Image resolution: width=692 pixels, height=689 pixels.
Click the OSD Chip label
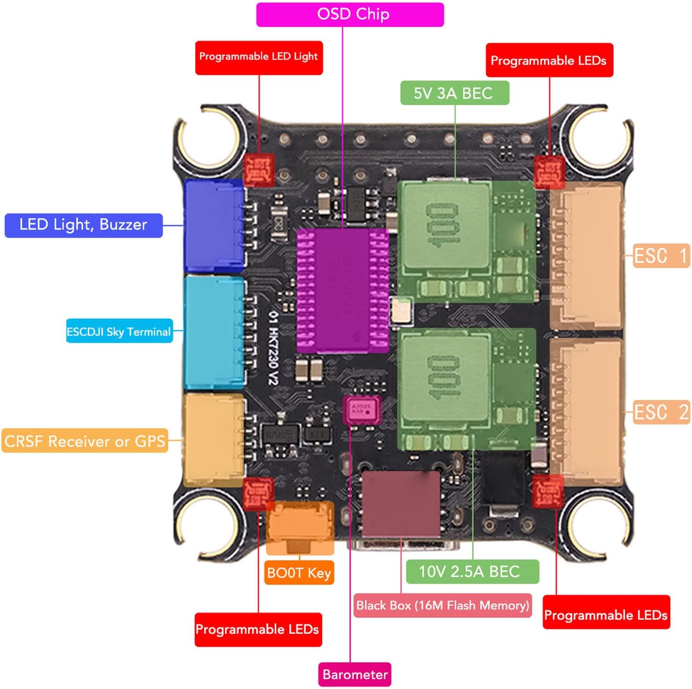[x=350, y=15]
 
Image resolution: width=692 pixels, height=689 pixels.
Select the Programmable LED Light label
[x=258, y=57]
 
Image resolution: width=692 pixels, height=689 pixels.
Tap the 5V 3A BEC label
[x=454, y=93]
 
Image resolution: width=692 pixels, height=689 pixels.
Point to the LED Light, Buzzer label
[x=83, y=225]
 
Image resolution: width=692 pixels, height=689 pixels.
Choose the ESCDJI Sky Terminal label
[x=119, y=331]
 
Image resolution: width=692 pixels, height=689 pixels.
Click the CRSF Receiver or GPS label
[x=85, y=441]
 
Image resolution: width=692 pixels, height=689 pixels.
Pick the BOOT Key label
[x=299, y=572]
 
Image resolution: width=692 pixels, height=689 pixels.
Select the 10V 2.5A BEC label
[x=471, y=572]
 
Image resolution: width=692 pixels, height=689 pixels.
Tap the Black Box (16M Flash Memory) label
[x=442, y=605]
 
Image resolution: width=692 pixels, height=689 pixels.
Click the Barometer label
[x=354, y=674]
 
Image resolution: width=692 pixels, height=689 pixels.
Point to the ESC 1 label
[x=661, y=256]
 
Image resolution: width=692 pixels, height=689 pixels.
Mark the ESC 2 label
[x=661, y=412]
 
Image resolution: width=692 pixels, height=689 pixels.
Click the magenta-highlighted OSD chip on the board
[x=343, y=291]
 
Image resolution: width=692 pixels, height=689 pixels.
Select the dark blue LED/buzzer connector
[x=214, y=226]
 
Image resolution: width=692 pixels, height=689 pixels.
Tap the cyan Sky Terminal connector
[x=214, y=332]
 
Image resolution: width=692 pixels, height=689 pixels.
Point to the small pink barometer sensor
[x=361, y=409]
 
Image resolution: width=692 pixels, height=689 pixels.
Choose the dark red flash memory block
[x=401, y=504]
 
